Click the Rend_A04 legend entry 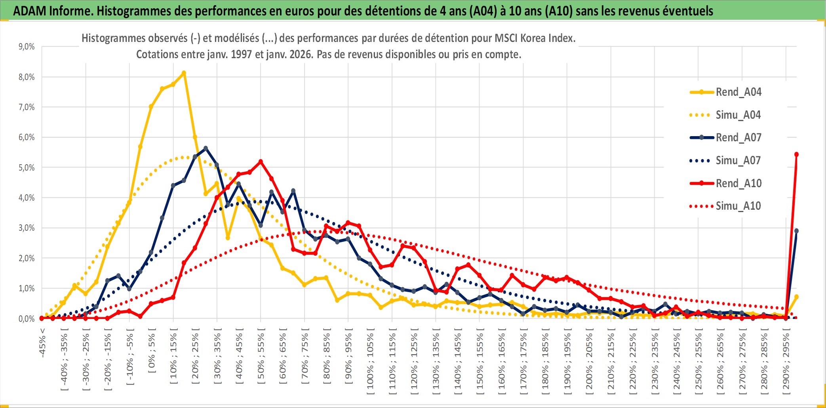pos(738,92)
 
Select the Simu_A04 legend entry pos(738,115)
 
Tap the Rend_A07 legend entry pos(738,138)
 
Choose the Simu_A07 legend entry pos(738,161)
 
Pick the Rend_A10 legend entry pos(738,183)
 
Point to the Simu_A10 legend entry pos(738,206)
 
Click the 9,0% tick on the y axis pos(27,47)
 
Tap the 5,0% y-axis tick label pos(27,167)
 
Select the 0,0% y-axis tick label pos(27,319)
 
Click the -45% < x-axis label pos(42,343)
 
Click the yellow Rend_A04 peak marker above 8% pos(184,73)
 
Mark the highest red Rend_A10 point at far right pos(796,154)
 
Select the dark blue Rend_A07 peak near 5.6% pos(206,148)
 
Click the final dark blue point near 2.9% pos(796,231)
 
